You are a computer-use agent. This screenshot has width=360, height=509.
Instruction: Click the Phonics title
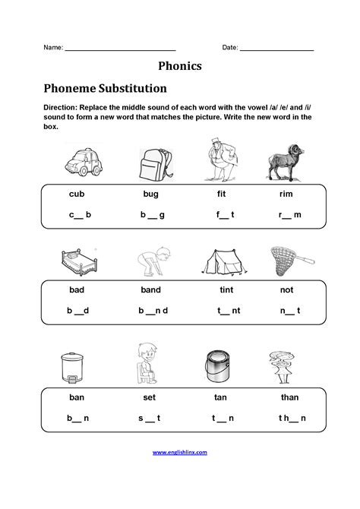coord(179,66)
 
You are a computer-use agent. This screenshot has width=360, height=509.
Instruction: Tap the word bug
coord(150,194)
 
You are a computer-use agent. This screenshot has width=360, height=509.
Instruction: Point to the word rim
coord(286,194)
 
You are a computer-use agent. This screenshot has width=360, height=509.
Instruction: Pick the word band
coord(151,290)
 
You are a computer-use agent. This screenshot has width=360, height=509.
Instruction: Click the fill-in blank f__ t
coord(225,215)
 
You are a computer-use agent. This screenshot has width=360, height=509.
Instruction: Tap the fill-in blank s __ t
coord(149,418)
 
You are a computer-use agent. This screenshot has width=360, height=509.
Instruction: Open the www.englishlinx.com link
coord(180,452)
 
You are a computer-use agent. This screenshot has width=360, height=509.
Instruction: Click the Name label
coord(52,47)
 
